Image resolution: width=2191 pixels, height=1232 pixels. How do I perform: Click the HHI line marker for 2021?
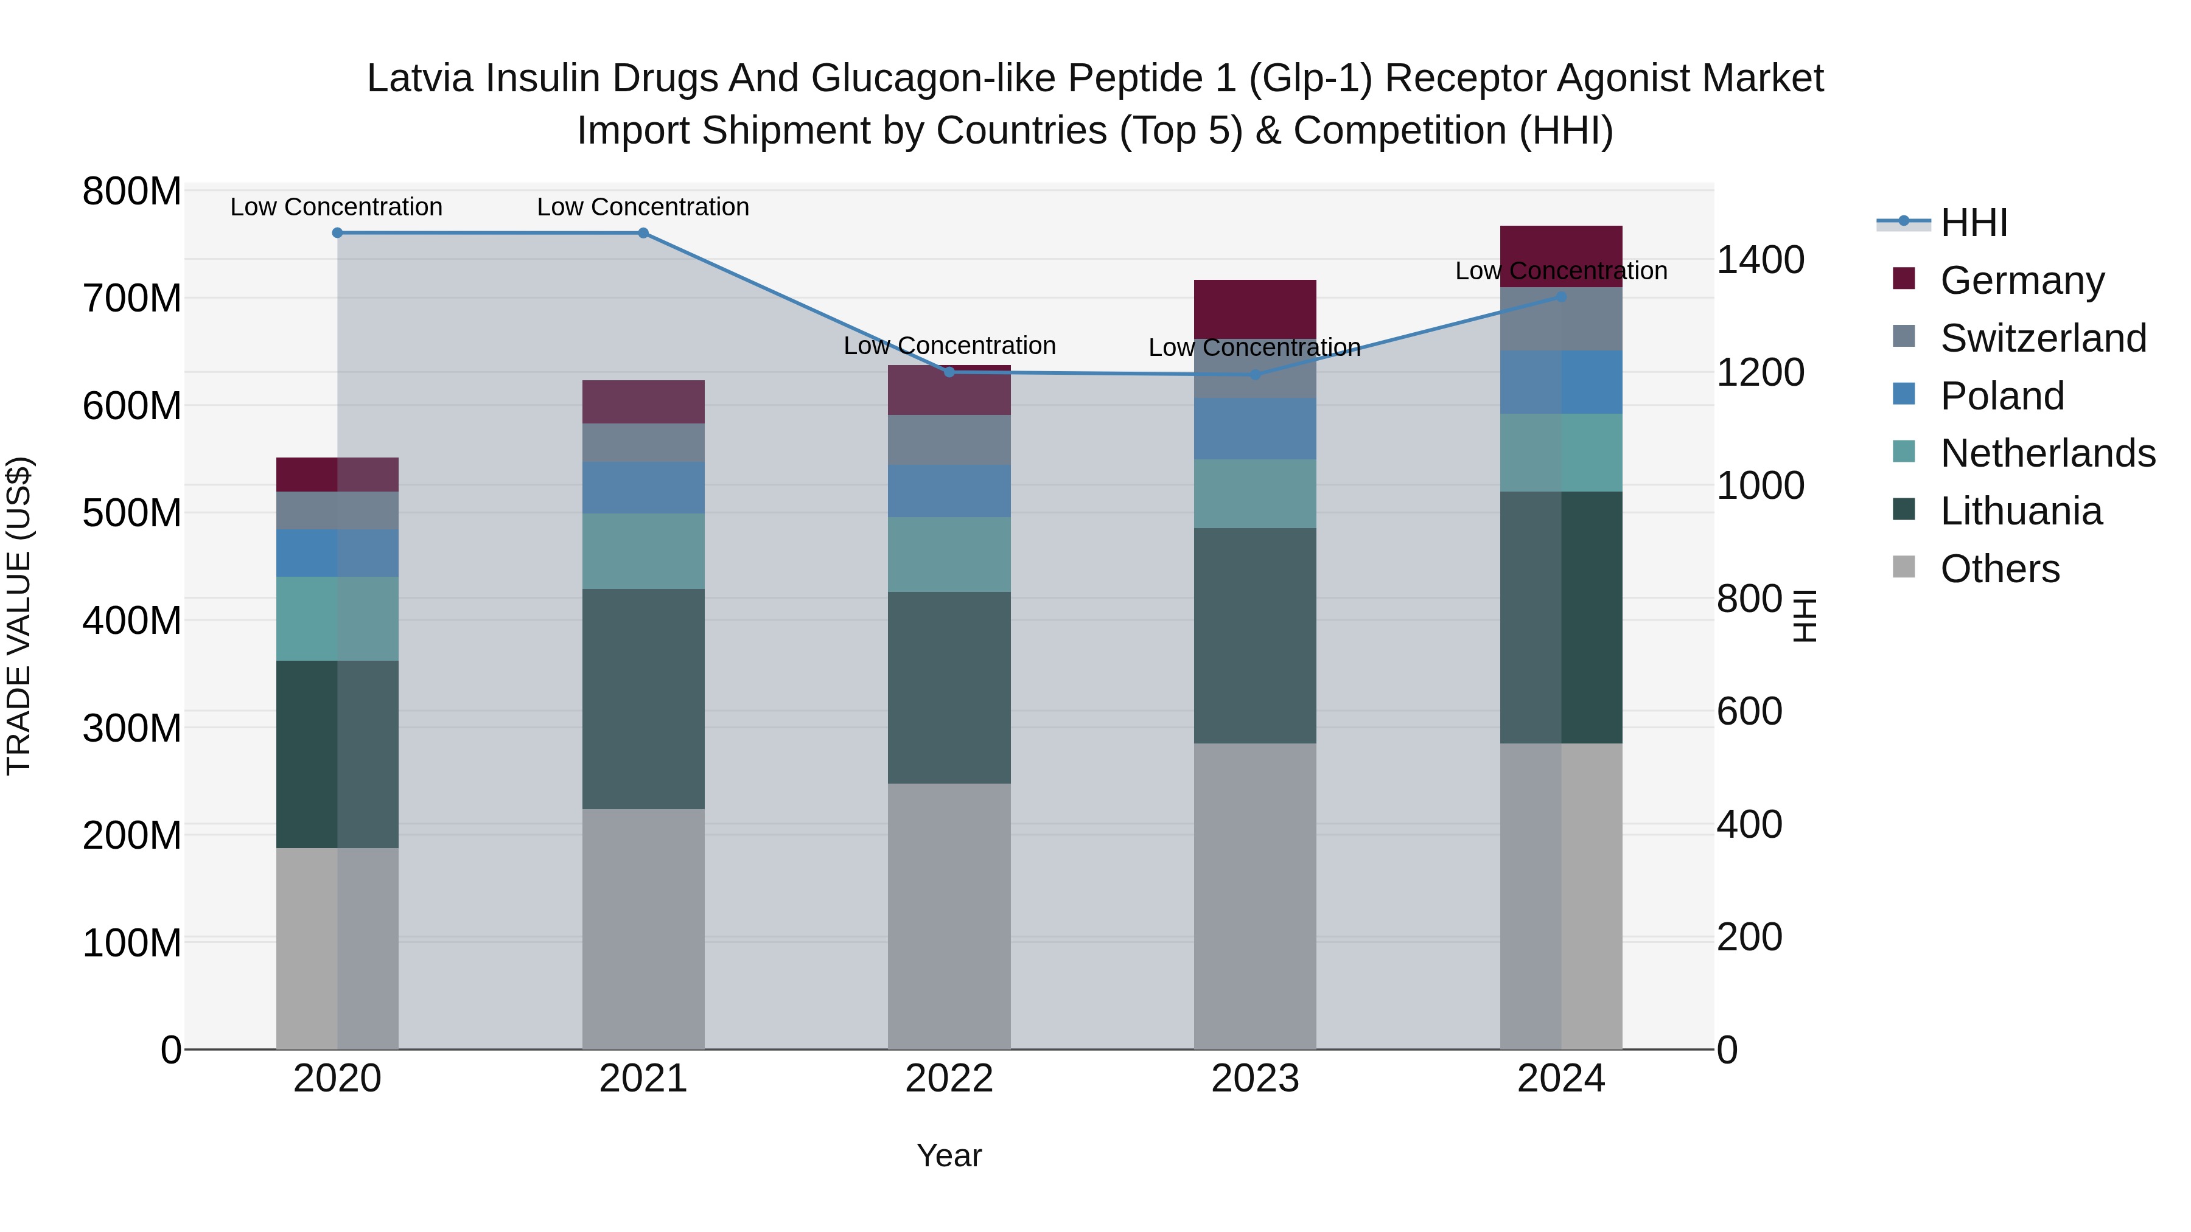[643, 233]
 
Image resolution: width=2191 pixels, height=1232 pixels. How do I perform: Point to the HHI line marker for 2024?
[1560, 297]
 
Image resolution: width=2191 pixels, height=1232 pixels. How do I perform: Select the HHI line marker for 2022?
[949, 372]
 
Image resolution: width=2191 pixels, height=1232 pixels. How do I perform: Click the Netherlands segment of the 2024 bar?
[1560, 452]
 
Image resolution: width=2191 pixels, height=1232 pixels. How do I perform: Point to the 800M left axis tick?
[132, 192]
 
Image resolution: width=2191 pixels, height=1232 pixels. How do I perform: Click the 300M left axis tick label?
[132, 729]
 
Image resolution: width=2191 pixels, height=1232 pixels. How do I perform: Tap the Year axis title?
[949, 1155]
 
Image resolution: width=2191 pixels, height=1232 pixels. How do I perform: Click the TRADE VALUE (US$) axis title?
[19, 616]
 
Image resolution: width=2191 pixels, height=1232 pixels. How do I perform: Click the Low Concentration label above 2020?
[336, 207]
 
